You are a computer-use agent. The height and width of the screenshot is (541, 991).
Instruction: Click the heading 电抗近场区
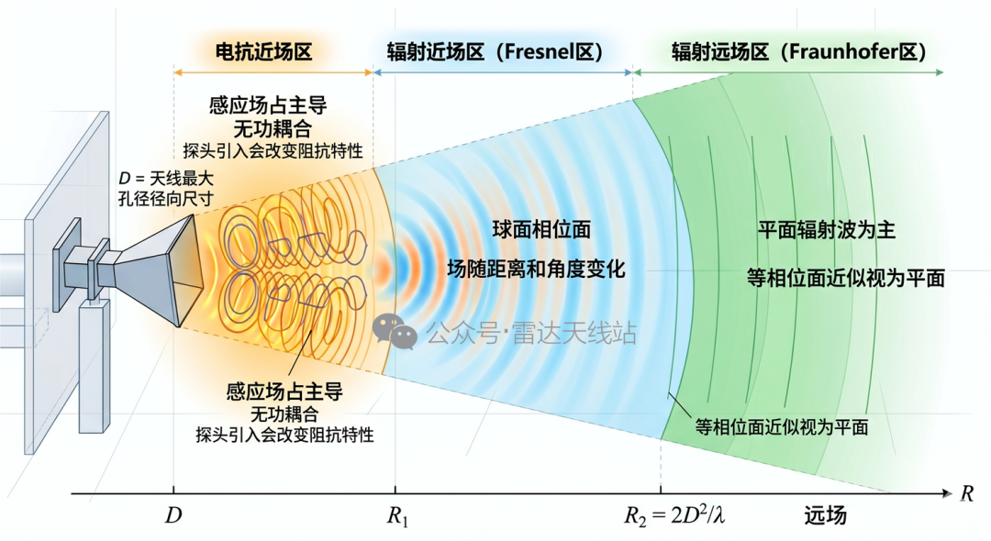pos(264,51)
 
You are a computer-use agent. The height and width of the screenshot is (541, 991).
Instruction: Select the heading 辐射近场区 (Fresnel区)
pos(495,51)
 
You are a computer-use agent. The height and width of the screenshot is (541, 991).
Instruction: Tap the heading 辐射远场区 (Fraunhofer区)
pos(799,51)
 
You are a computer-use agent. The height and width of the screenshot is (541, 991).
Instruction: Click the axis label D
pos(173,515)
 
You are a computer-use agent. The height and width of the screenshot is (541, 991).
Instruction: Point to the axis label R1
pos(397,516)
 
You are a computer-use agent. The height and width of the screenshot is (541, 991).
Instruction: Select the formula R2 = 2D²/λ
pos(674,515)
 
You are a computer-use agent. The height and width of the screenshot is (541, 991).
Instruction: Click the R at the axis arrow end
pos(966,493)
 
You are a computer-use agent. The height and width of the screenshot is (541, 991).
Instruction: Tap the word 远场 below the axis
pos(825,515)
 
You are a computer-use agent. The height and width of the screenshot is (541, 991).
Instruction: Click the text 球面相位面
pos(541,229)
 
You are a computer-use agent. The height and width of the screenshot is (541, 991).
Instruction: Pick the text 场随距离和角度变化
pos(536,269)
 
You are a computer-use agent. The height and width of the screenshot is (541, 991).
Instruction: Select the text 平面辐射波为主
pos(827,230)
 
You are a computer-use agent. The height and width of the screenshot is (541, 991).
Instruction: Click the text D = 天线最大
pos(166,179)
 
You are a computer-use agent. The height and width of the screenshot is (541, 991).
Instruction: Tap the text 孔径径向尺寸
pos(166,198)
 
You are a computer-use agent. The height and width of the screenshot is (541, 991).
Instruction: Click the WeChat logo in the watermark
pos(395,331)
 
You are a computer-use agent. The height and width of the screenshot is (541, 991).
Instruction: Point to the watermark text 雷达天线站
pos(573,333)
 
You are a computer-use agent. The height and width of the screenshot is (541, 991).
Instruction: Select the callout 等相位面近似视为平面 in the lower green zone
pos(781,427)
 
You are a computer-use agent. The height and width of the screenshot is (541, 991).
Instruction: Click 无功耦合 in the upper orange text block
pos(273,128)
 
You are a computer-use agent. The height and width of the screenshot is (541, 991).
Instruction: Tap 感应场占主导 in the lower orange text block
pos(284,392)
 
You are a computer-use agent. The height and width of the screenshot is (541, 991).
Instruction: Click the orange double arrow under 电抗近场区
pos(273,72)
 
